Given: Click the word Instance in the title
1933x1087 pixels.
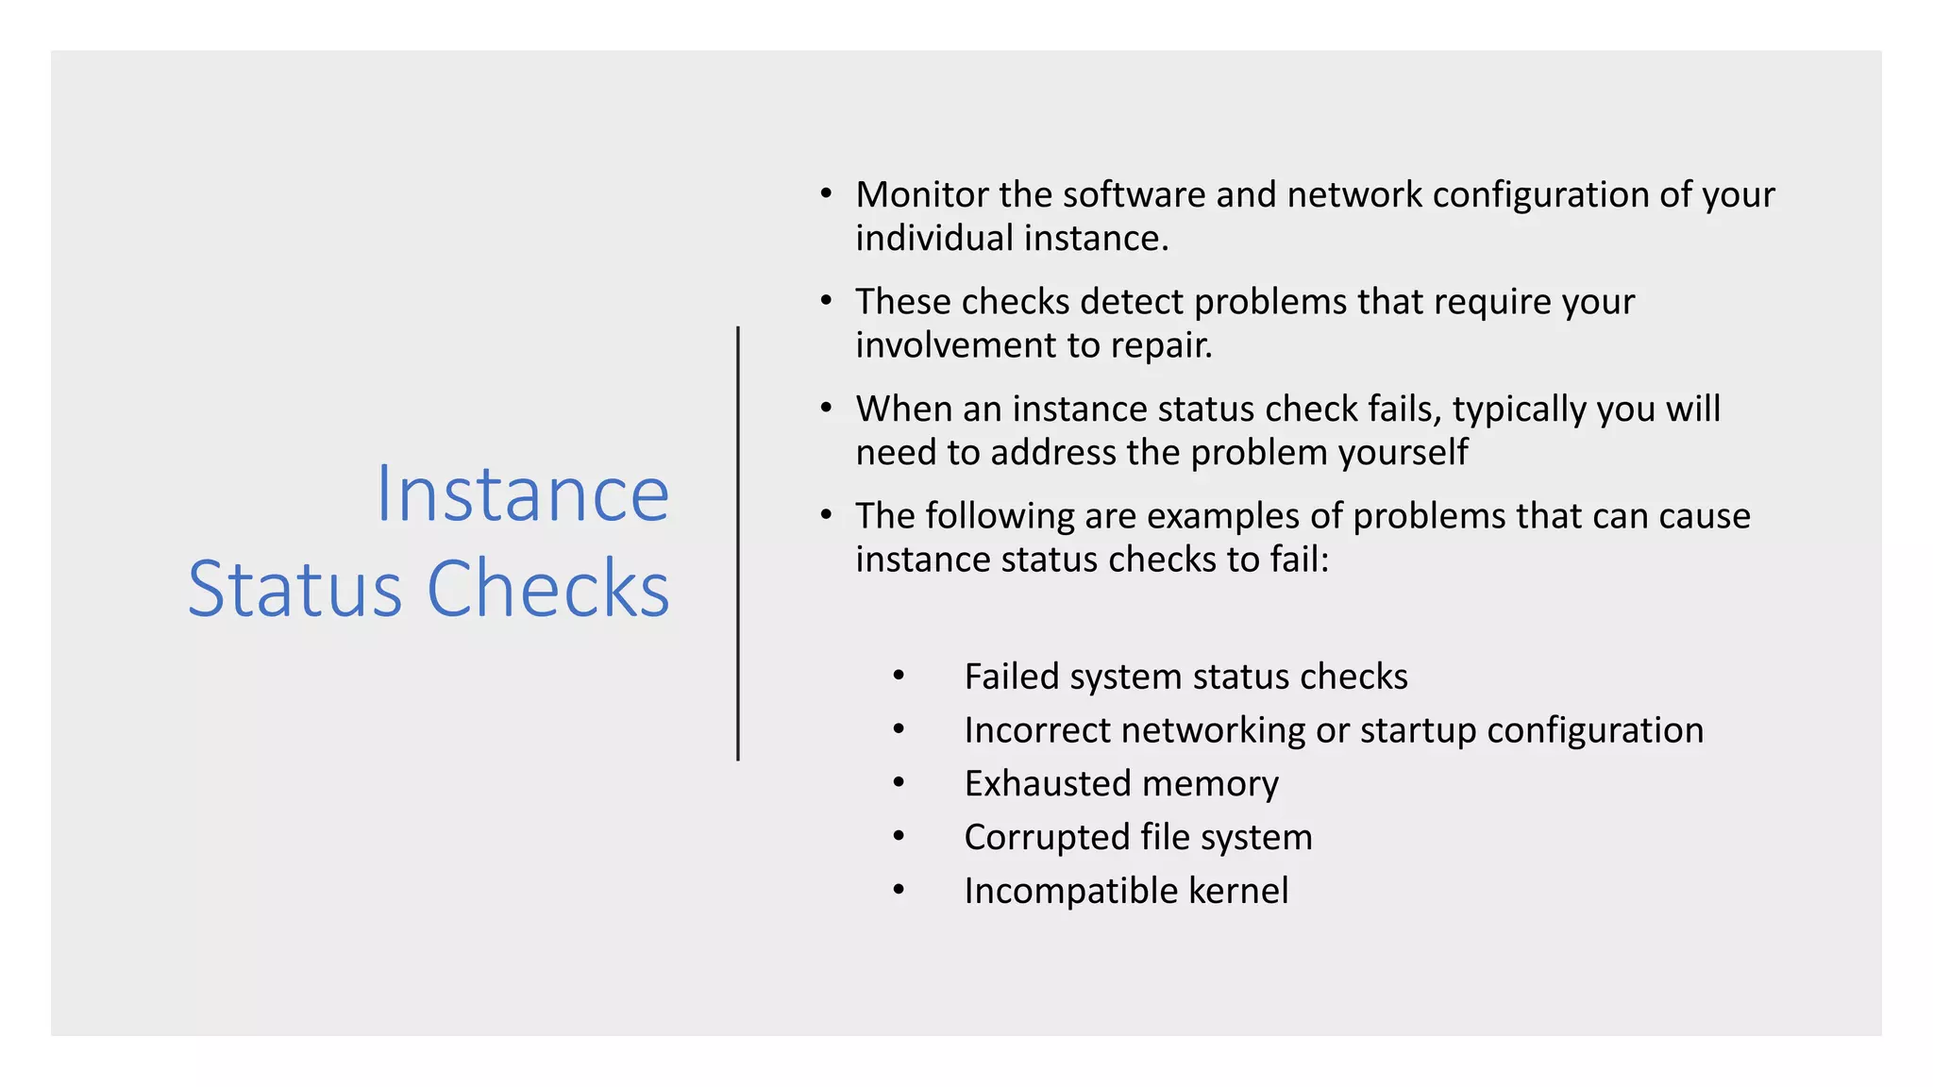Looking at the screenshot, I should point(522,494).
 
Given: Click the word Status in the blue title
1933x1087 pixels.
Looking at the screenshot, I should point(294,590).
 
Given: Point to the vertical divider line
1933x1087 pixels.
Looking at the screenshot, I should point(738,543).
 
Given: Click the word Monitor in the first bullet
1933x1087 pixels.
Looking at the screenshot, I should point(922,195).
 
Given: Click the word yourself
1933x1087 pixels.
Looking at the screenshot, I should point(1403,453).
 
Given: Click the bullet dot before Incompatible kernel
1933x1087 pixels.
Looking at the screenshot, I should point(899,890).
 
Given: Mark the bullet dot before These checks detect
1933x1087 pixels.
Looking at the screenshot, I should point(826,301).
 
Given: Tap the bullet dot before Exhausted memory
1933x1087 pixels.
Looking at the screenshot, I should point(899,782).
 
